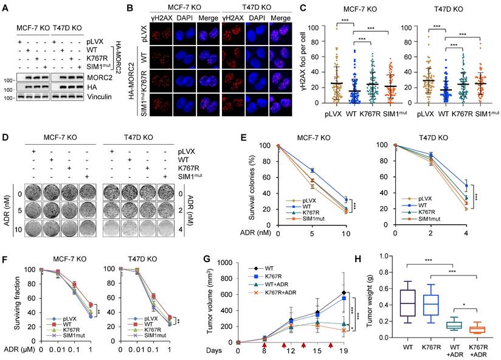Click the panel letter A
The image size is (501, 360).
point(6,7)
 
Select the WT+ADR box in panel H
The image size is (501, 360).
point(451,325)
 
